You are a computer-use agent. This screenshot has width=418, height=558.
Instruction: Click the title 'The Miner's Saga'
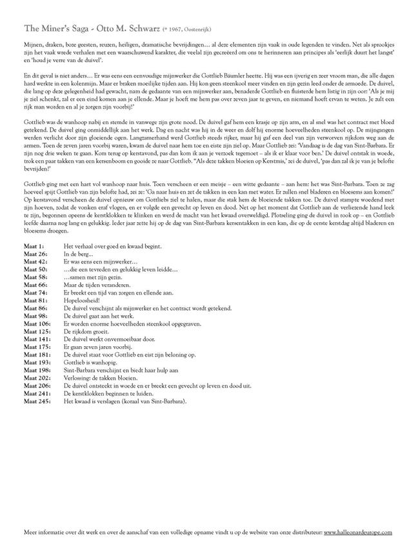coord(55,29)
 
